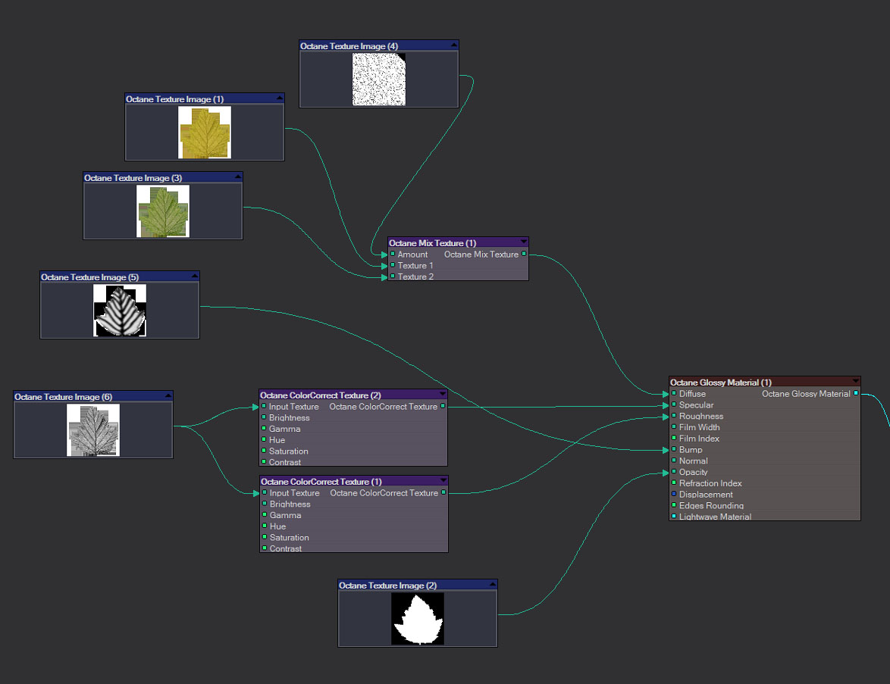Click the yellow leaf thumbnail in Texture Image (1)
205,133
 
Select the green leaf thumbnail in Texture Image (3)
163,211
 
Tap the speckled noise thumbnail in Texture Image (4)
379,80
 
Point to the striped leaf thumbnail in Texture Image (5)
120,311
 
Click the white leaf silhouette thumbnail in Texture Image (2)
418,619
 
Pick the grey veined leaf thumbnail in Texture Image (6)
93,430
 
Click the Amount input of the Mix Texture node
393,255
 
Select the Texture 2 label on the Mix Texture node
415,276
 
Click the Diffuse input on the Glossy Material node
674,394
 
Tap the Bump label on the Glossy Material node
691,450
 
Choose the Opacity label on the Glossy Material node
693,472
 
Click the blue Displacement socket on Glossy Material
674,495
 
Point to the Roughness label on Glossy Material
701,417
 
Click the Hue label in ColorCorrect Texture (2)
277,440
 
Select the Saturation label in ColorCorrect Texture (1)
290,538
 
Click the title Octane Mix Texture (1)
433,243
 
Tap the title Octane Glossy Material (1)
721,383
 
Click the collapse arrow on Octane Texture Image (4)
453,45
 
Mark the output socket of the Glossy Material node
856,394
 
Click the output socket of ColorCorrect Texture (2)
443,407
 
